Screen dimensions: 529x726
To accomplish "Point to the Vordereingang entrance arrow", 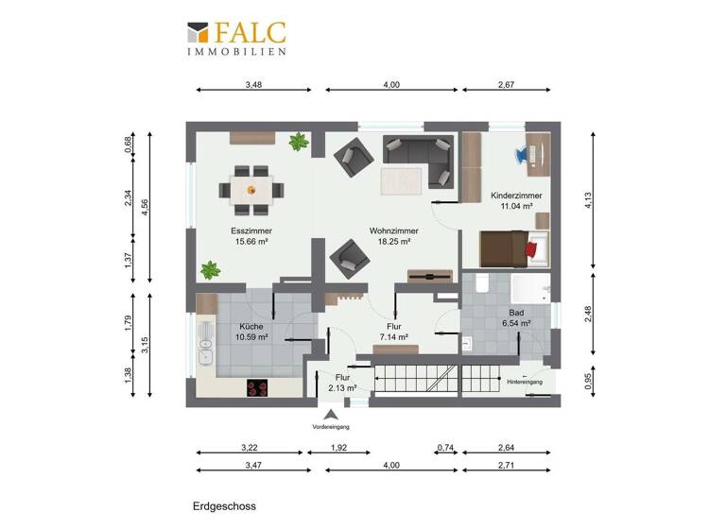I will tap(331, 414).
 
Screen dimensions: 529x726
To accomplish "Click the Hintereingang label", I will tap(525, 382).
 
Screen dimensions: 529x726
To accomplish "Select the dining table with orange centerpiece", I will tap(251, 186).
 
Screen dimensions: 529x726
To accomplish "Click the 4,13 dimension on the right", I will tap(588, 200).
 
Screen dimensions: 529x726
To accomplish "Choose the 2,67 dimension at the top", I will tap(506, 85).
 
